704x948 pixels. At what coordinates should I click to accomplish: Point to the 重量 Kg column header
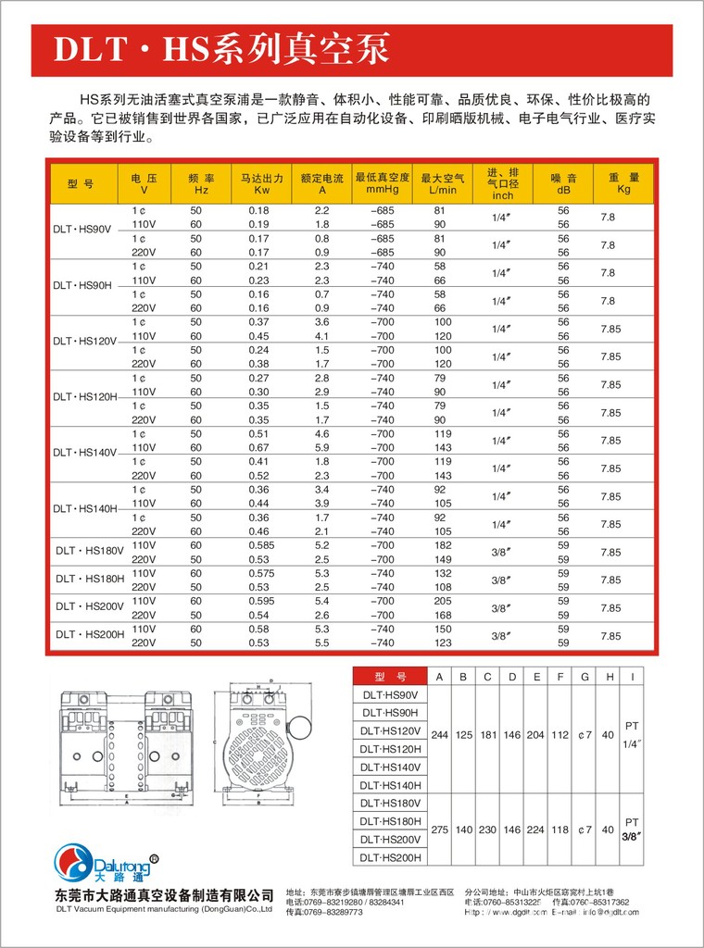click(623, 182)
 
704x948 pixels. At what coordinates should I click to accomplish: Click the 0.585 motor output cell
click(258, 545)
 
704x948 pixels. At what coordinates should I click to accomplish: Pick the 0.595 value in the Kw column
click(258, 601)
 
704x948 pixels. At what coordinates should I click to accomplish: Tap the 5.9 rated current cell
click(322, 447)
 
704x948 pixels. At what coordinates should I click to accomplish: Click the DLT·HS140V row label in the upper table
click(84, 453)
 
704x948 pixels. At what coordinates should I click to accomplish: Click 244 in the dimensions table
click(439, 735)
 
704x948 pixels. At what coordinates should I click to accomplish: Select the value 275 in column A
click(439, 829)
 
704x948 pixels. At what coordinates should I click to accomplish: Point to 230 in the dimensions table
click(487, 829)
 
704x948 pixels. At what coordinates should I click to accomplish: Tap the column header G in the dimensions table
click(585, 676)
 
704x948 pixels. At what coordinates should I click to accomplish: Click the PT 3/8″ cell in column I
click(633, 829)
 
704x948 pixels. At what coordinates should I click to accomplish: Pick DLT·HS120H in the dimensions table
click(390, 749)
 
